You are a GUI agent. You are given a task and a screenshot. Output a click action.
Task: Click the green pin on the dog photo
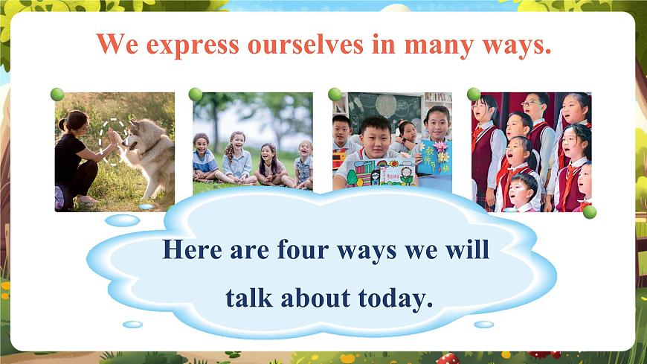coord(57,95)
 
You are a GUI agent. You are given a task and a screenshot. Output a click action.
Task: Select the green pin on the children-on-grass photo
coord(196,95)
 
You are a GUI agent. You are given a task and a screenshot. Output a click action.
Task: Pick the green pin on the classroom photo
coord(335,95)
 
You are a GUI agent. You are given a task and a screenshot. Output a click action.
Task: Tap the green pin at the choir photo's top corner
coord(474,95)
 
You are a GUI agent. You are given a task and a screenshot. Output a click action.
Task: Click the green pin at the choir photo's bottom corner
coord(590,212)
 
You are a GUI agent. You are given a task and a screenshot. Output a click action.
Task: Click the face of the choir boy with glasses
coord(533,106)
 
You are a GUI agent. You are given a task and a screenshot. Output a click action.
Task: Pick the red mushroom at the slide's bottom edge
coord(448,359)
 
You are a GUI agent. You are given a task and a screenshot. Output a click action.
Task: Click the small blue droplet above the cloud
coord(122,220)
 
